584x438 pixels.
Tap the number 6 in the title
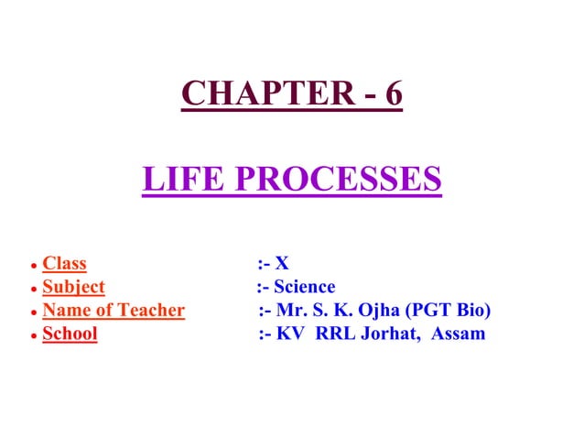(393, 93)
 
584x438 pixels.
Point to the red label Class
(64, 264)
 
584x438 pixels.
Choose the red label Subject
(73, 287)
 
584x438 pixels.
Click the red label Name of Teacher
(114, 311)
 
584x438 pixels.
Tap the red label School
(70, 334)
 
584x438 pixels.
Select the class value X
(283, 264)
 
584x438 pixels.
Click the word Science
(305, 287)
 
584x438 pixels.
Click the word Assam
(457, 334)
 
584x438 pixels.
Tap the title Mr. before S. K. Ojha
(291, 311)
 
